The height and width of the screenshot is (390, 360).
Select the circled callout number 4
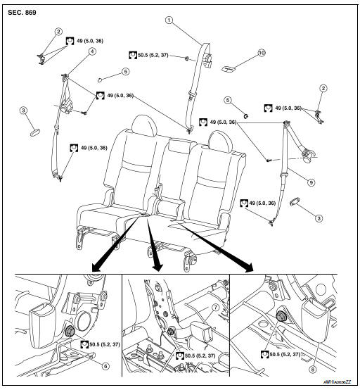point(92,50)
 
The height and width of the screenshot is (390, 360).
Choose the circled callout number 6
point(105,366)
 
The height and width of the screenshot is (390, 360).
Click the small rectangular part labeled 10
point(229,69)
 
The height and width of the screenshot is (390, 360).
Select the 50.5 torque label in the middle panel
point(195,356)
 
